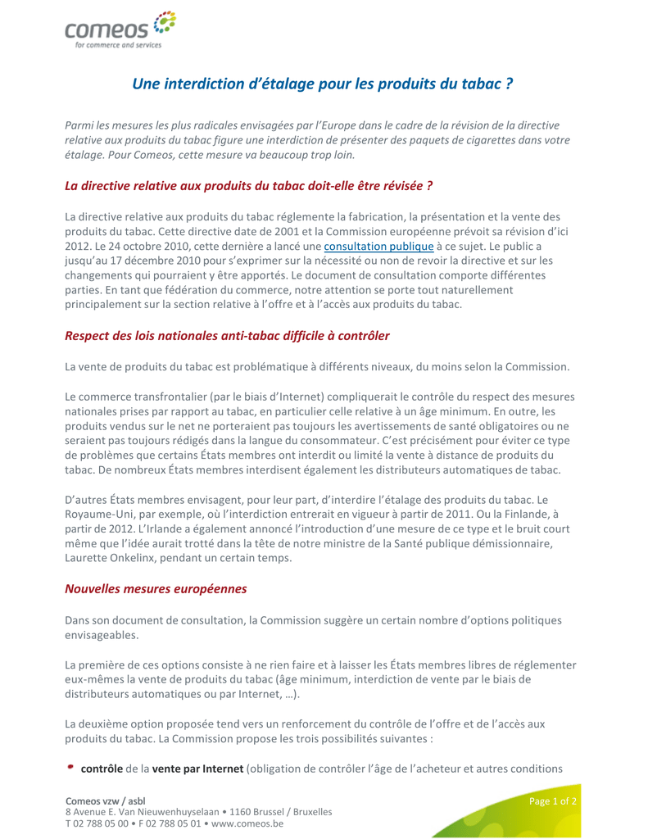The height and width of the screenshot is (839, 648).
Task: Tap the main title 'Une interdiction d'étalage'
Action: (323, 84)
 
